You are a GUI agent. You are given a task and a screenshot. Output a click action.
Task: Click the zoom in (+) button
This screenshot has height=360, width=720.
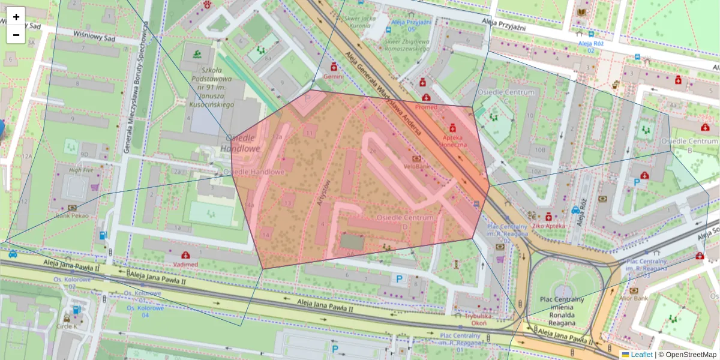tap(16, 17)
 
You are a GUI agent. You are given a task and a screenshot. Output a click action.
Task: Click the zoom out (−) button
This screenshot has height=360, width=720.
tap(16, 35)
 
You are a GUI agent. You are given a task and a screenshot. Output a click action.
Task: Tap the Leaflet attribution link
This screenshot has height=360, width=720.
tap(641, 355)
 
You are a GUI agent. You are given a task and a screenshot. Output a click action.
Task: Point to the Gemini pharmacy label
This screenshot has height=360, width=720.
tap(334, 77)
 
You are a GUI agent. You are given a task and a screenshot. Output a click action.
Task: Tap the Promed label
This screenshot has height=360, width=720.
tap(426, 107)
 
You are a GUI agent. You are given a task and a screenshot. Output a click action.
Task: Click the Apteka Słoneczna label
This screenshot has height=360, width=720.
tap(454, 140)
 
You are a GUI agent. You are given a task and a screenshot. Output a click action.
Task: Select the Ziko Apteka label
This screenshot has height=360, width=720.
tap(548, 226)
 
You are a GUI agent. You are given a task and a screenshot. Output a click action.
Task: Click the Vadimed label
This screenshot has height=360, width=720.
tap(185, 264)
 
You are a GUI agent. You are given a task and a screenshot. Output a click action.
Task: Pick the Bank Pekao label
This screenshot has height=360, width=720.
tap(72, 215)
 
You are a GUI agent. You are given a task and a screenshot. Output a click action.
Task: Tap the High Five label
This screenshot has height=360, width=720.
tap(81, 170)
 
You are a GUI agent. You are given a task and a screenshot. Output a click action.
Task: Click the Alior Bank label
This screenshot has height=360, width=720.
tap(634, 298)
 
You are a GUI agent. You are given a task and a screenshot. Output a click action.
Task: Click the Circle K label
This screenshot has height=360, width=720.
tap(67, 326)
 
